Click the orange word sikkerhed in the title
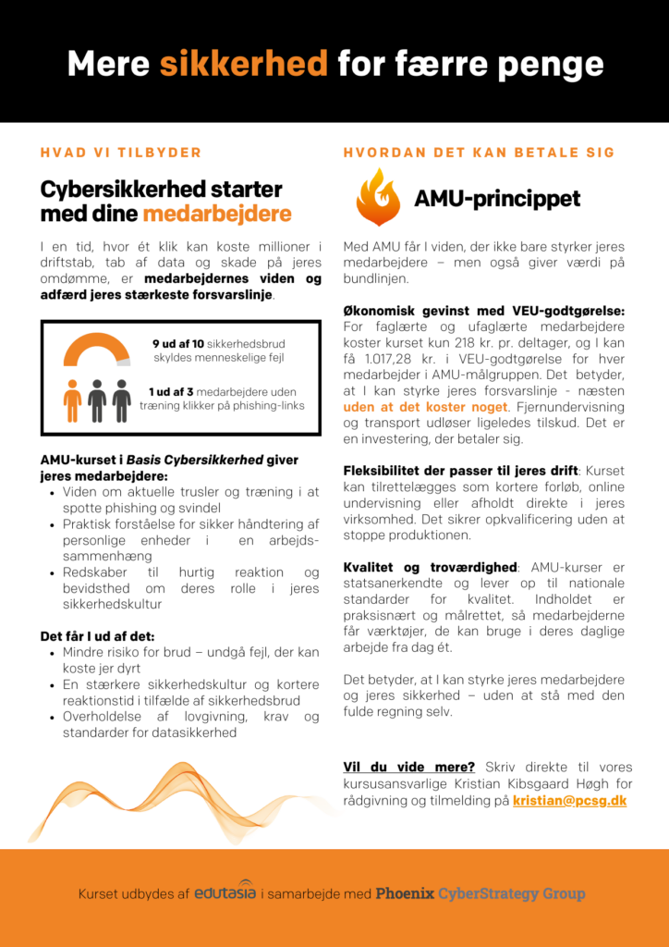[x=243, y=64]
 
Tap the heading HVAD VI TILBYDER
[x=120, y=153]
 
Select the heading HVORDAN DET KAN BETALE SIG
[x=480, y=153]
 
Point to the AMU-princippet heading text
[x=497, y=199]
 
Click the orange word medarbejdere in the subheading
[x=216, y=215]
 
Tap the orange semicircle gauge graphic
[x=97, y=351]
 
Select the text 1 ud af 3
[x=170, y=391]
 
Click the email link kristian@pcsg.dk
[x=569, y=801]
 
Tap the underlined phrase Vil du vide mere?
[x=408, y=767]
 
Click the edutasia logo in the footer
[x=225, y=892]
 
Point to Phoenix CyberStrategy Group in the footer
[x=480, y=893]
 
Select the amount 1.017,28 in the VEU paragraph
[x=385, y=360]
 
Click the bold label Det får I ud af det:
[x=97, y=636]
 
